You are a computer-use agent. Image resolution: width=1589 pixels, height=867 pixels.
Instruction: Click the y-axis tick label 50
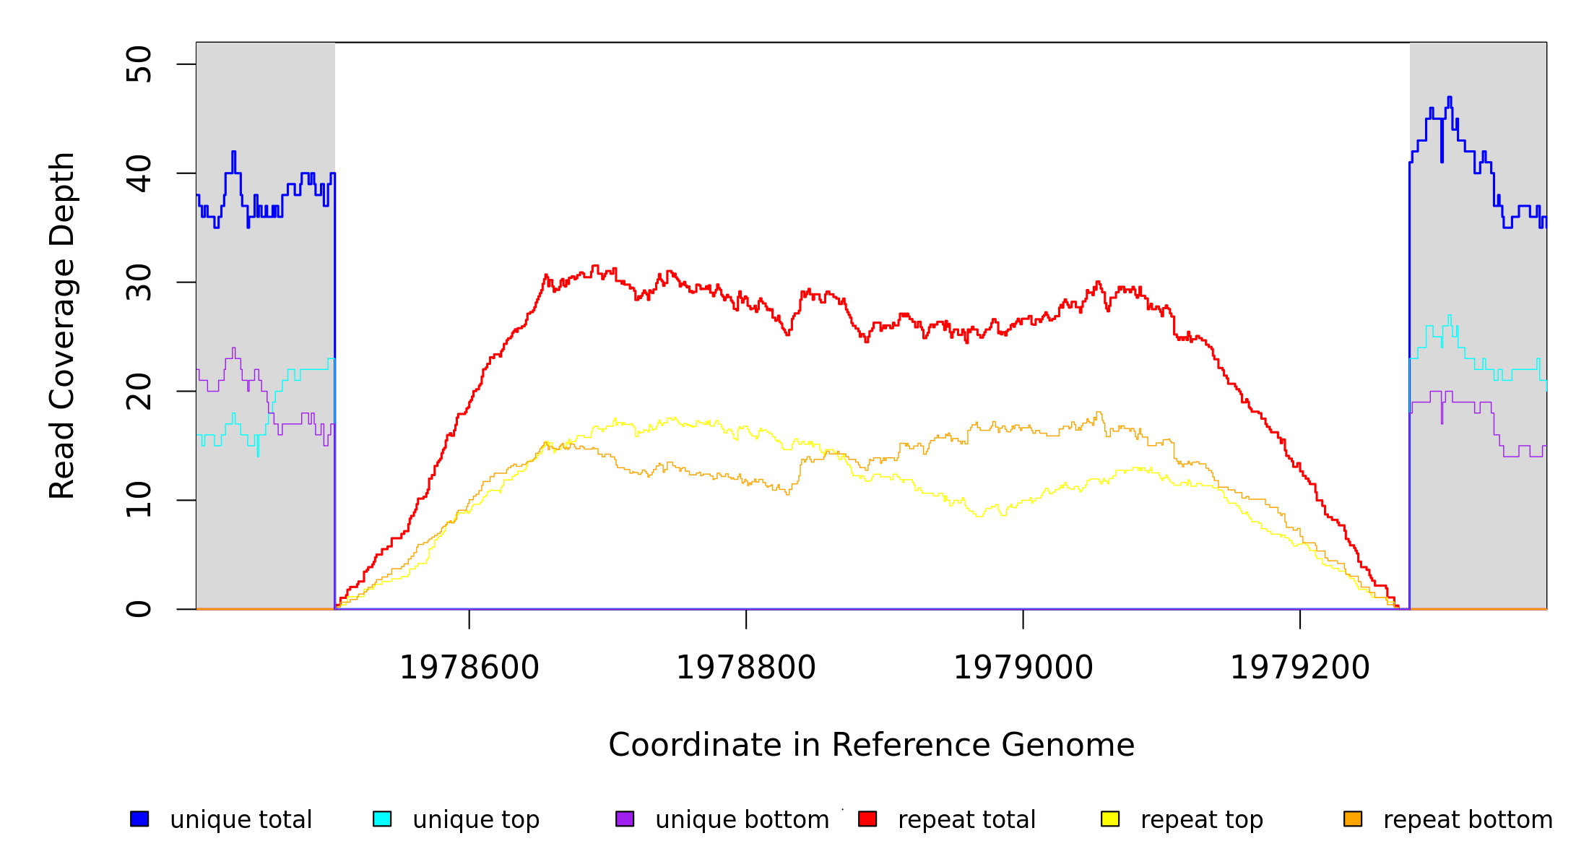tap(139, 64)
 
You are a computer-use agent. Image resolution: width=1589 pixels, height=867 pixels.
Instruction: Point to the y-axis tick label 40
tap(139, 173)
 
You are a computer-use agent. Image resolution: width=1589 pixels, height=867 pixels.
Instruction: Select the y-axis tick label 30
tap(139, 282)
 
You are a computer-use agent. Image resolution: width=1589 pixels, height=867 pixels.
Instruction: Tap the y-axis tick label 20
tap(139, 392)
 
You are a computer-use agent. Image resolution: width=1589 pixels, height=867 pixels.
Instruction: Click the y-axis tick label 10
tap(139, 500)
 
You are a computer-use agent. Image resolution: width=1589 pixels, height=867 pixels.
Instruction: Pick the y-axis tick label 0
tap(139, 609)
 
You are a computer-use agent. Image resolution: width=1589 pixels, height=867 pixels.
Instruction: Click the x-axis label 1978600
tap(469, 668)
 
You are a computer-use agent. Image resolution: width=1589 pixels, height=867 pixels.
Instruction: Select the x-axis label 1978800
tap(746, 668)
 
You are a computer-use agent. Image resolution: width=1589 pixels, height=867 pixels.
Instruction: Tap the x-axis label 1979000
tap(1023, 668)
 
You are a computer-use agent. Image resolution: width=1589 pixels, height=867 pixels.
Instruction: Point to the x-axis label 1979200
tap(1300, 668)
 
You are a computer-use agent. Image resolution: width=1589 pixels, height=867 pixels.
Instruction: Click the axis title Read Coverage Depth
tap(62, 325)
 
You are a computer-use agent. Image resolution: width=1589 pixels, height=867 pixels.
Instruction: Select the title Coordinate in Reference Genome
tap(871, 746)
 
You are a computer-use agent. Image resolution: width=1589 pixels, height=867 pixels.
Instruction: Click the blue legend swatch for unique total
tap(139, 819)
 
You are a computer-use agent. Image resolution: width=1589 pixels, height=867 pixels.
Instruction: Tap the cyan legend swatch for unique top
tap(382, 819)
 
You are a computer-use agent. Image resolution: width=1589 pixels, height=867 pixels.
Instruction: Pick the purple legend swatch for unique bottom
tap(625, 819)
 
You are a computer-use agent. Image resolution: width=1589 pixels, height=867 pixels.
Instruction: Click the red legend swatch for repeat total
tap(867, 819)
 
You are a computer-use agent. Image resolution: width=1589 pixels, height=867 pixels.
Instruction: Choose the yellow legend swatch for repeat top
tap(1110, 819)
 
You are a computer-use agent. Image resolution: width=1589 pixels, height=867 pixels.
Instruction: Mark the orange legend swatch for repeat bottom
tap(1353, 819)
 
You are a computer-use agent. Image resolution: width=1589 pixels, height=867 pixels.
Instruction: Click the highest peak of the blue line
tap(1450, 98)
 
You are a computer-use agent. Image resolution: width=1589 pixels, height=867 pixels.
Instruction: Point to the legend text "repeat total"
tap(966, 820)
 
